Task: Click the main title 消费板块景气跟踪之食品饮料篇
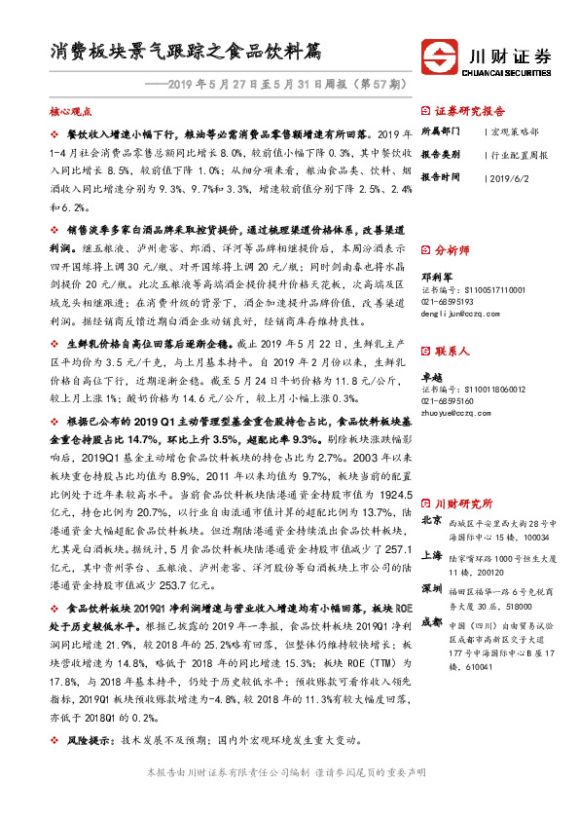click(186, 51)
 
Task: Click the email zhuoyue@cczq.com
click(453, 412)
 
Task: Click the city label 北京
click(432, 521)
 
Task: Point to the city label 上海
click(432, 555)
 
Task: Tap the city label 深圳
click(432, 590)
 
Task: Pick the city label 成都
click(432, 623)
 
